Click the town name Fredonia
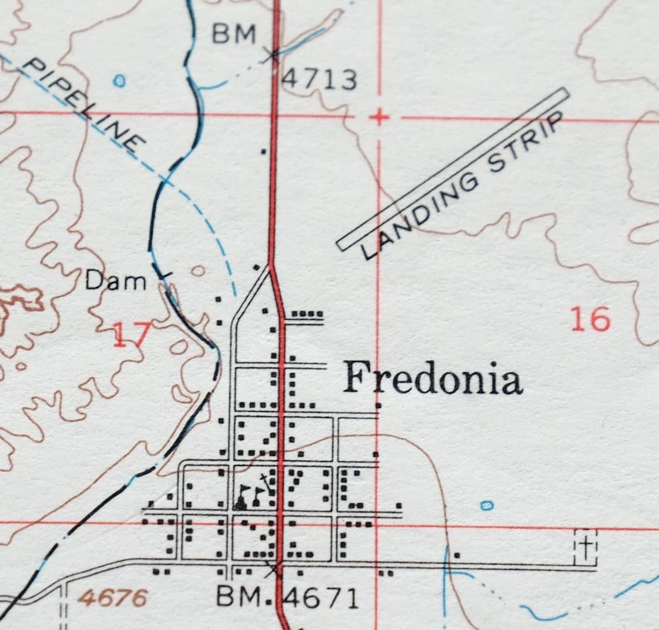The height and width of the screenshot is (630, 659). tap(432, 378)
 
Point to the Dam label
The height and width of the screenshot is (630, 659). tap(116, 282)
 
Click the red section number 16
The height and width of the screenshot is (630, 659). tap(591, 320)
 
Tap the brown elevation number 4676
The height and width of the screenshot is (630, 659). tap(113, 598)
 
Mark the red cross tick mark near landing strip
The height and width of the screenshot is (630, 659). tap(378, 118)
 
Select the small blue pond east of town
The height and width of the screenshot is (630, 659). tap(487, 505)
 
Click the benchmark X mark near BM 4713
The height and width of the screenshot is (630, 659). tap(273, 54)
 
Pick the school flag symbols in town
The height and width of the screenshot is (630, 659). tap(251, 495)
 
